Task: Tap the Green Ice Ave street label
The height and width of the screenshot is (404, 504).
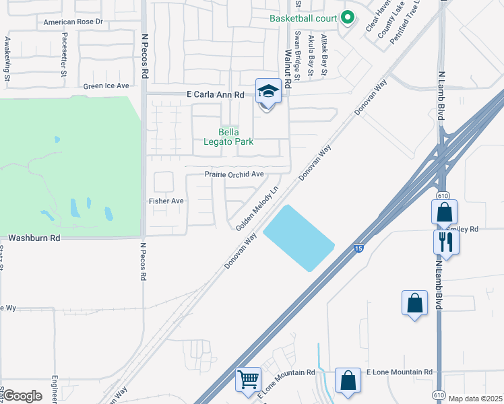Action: (106, 86)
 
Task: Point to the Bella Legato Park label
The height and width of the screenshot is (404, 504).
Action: (228, 137)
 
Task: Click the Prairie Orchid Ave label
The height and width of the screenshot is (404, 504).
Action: (234, 174)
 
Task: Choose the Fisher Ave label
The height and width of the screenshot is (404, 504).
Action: (166, 201)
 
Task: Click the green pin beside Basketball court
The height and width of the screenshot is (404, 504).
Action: (348, 18)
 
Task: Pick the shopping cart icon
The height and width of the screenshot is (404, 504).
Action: (248, 380)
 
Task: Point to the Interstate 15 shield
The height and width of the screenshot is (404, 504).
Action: (357, 249)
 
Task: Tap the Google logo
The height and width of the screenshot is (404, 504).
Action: (22, 396)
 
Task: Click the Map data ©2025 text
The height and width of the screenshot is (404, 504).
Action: (474, 399)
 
